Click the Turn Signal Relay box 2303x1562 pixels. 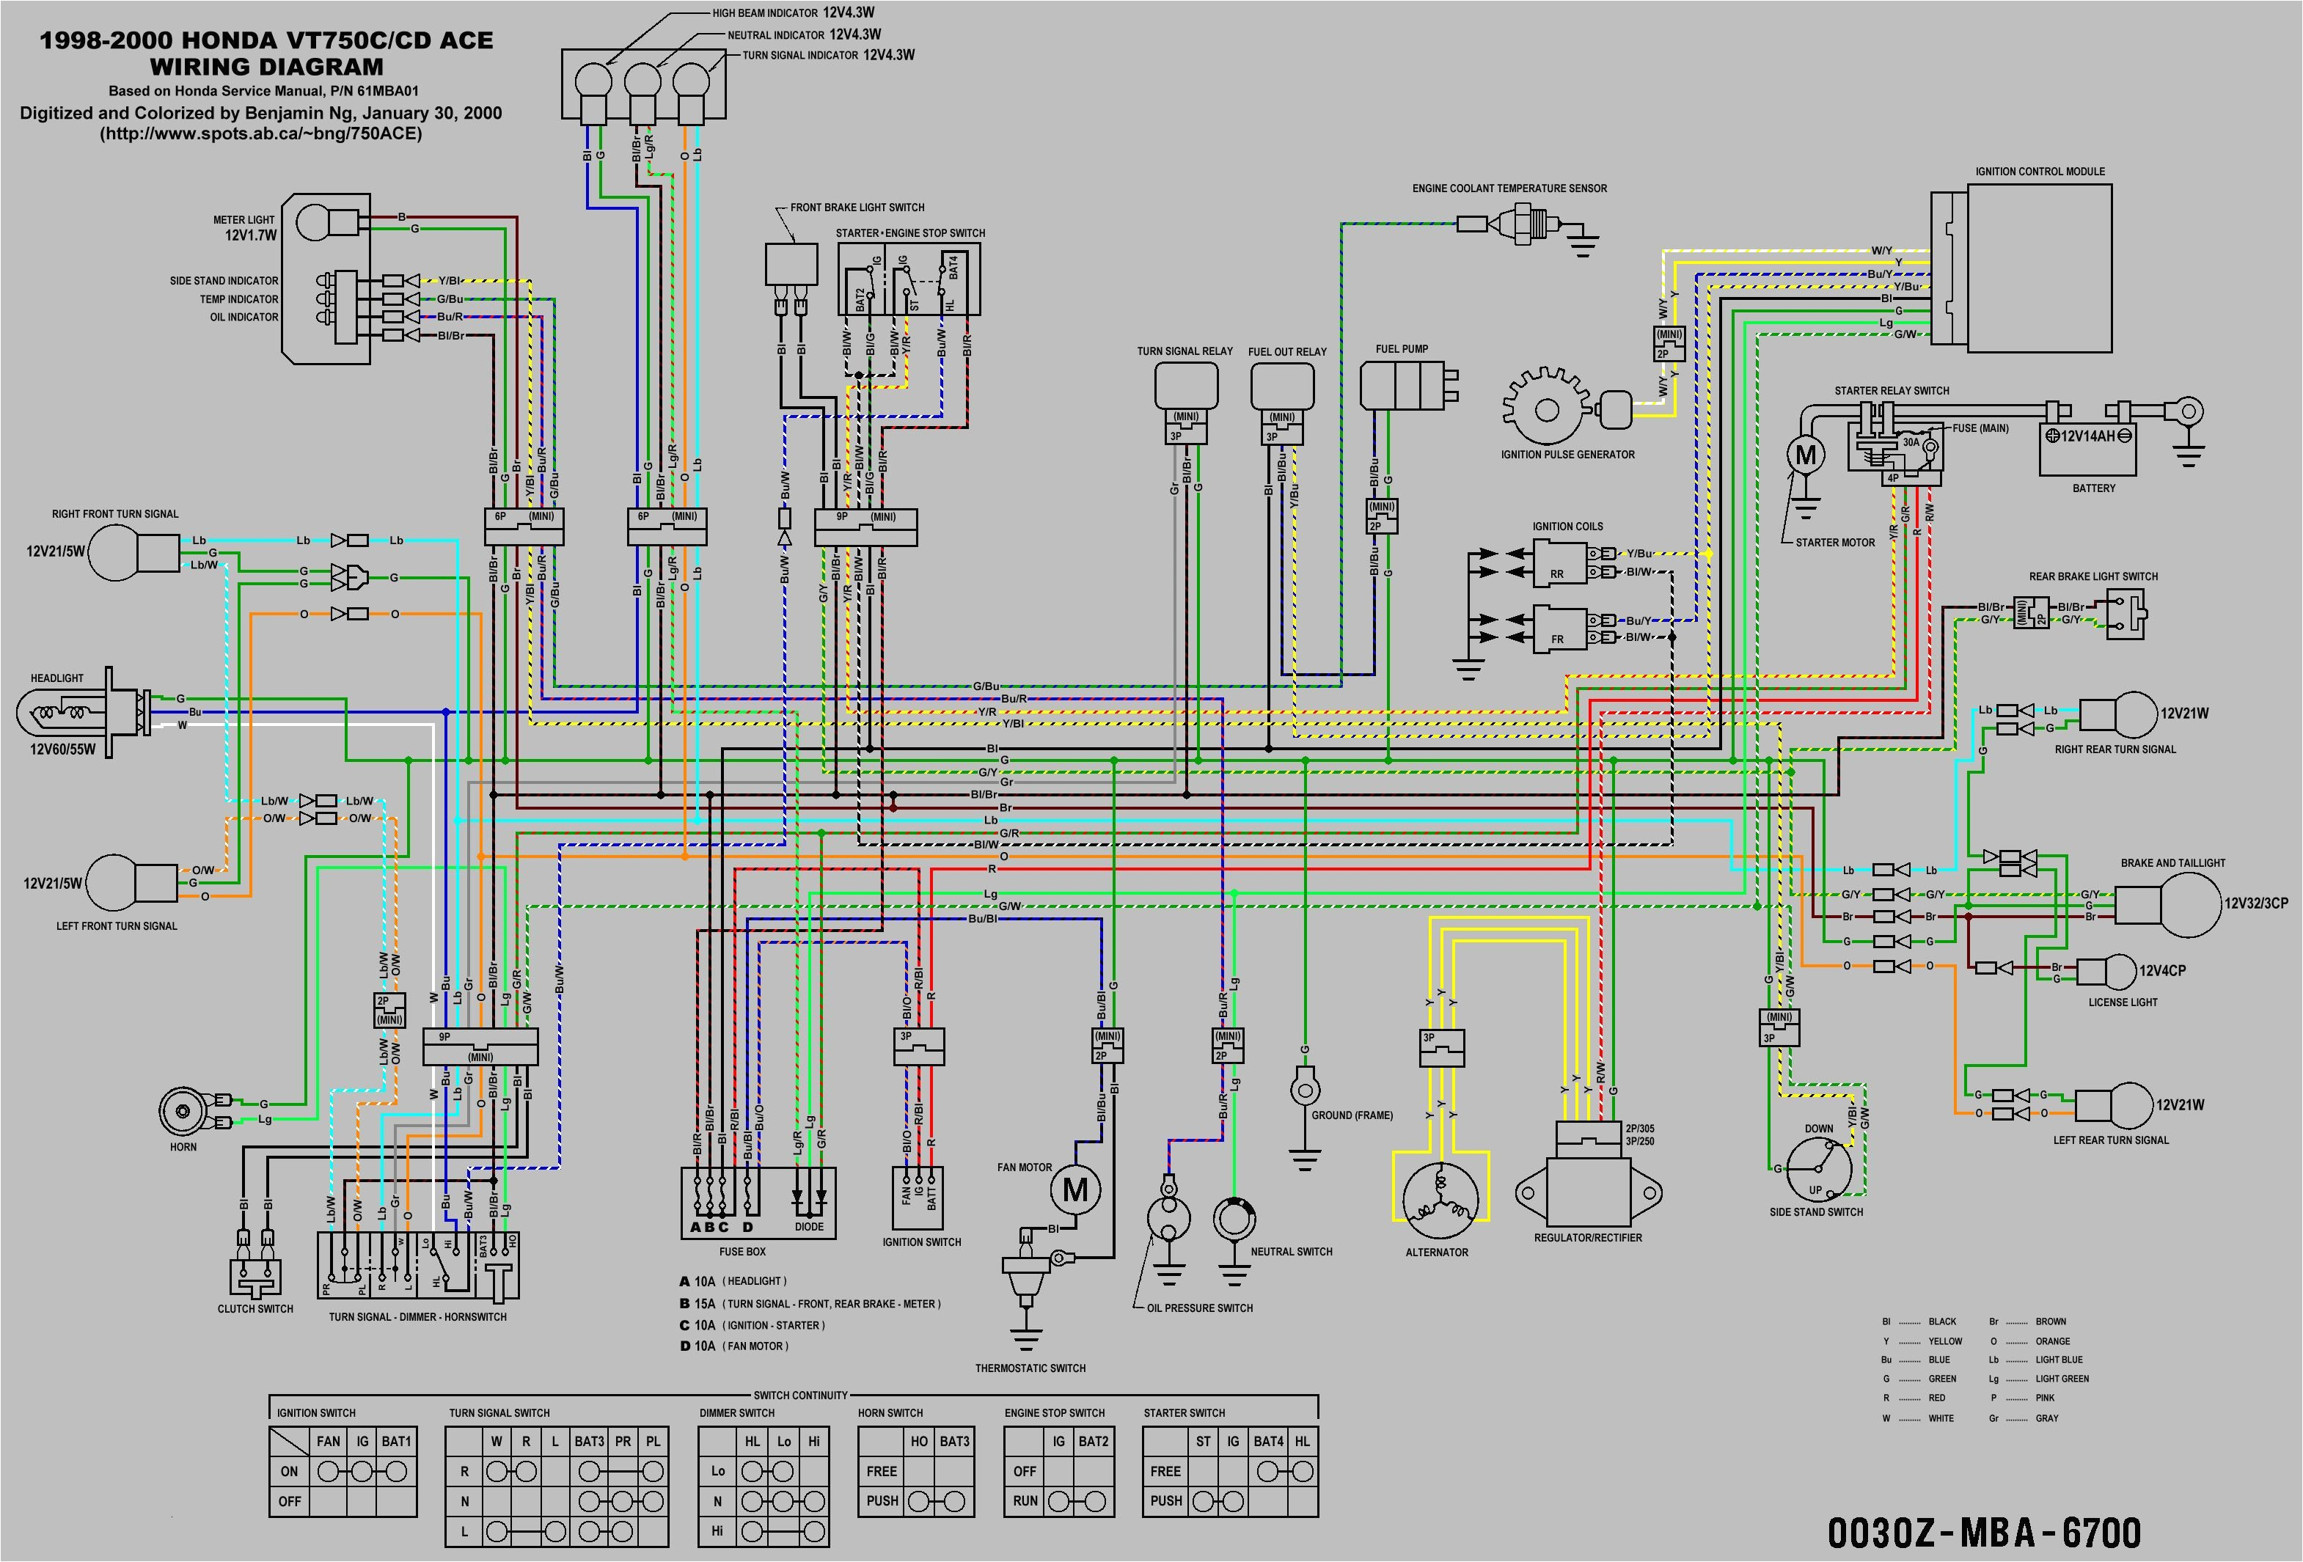click(1185, 384)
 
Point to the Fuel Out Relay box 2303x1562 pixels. click(1281, 384)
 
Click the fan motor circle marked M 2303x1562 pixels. click(1075, 1189)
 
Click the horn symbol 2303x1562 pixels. click(184, 1111)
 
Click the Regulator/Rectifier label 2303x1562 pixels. click(1587, 1238)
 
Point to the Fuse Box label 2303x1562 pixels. click(742, 1252)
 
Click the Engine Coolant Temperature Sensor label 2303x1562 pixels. click(1509, 188)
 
